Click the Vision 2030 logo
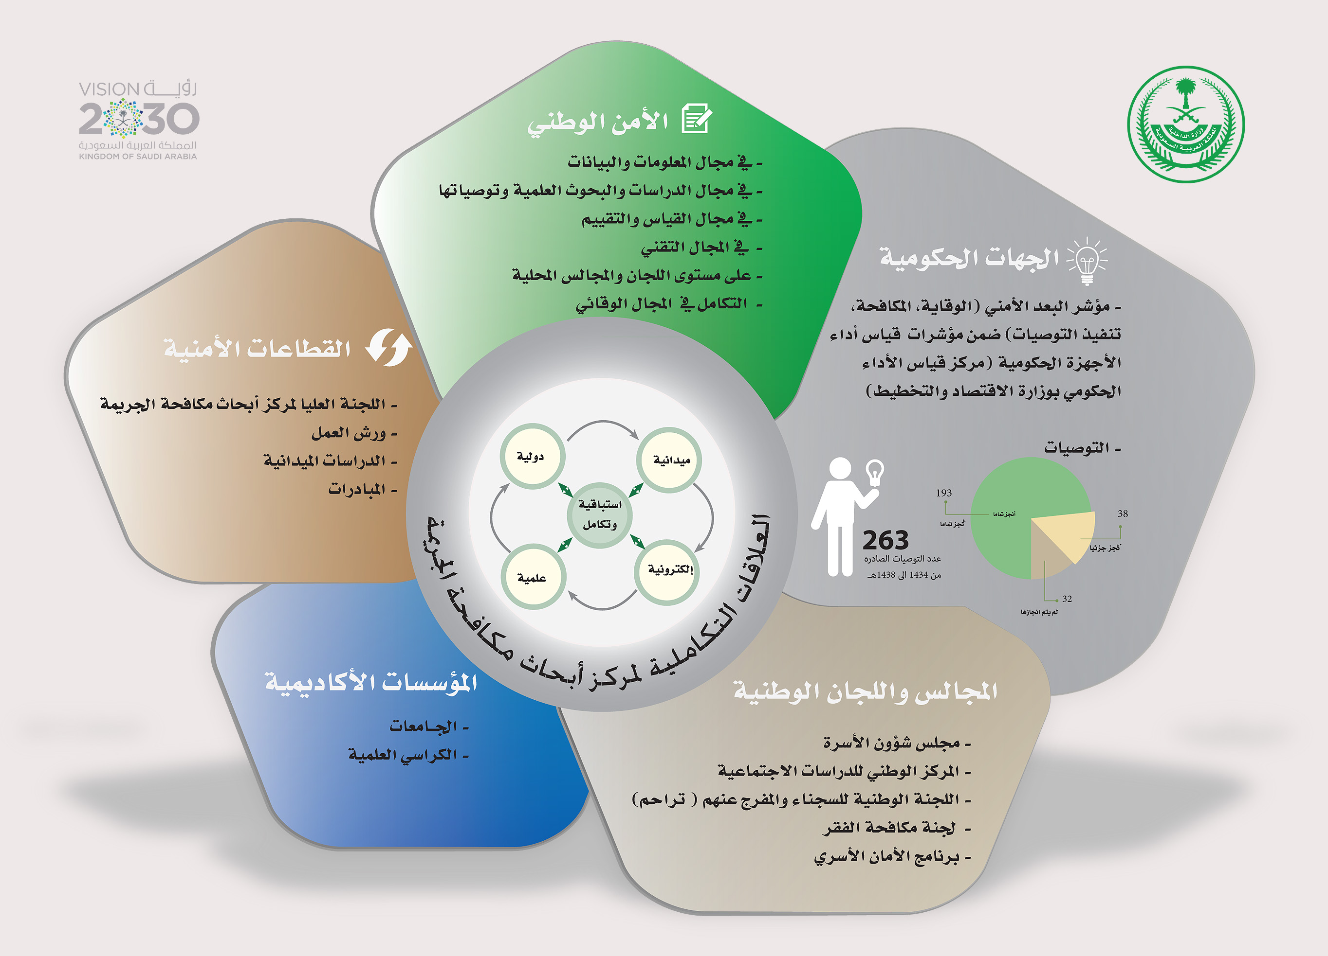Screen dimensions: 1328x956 [138, 120]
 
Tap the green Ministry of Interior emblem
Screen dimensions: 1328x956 [1186, 124]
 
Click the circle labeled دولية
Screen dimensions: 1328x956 [532, 456]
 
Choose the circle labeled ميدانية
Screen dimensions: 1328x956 [669, 460]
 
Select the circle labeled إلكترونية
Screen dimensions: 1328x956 [667, 570]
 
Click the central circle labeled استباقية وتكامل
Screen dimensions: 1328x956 [600, 515]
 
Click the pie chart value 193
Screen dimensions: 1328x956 [944, 493]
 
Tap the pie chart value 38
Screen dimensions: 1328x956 [1123, 513]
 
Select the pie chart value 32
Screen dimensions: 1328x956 [1068, 599]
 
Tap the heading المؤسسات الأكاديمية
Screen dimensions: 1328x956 [371, 683]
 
